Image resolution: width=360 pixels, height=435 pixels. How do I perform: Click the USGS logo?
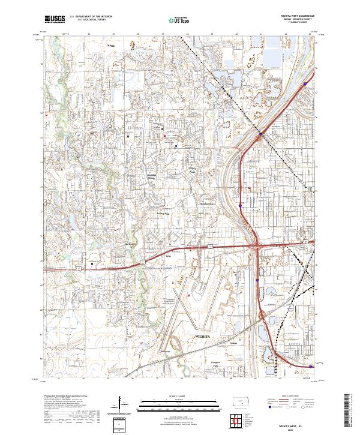pos(54,20)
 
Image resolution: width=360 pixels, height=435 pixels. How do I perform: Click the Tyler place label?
pos(167,256)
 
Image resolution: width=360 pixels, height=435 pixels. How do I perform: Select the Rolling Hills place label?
pos(163,212)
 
